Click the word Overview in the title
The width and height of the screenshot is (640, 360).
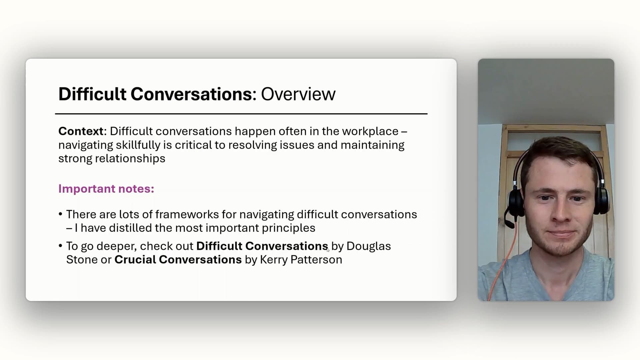[298, 94]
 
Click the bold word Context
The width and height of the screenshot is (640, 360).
[81, 131]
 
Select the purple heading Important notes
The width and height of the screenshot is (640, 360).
[106, 189]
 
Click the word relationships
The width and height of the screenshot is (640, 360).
[130, 159]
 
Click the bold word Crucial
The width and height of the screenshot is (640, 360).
[135, 260]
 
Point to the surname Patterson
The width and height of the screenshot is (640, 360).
[316, 260]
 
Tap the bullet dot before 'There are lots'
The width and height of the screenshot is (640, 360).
[60, 214]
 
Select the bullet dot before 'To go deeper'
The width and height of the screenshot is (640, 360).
[60, 246]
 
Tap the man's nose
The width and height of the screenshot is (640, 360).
[561, 213]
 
